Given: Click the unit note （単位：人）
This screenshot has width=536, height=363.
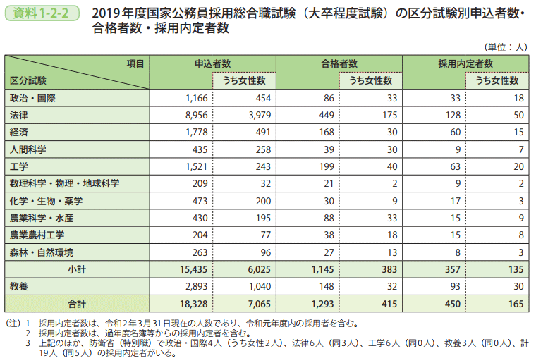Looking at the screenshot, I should pos(506,47).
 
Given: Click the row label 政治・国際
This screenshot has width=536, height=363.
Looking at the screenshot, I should pos(32,97).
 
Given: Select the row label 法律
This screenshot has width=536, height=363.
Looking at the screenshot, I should pos(19,114).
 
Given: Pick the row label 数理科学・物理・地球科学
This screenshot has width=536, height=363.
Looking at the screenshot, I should pos(64,183).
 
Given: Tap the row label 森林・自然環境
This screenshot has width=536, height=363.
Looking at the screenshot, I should pos(42,252).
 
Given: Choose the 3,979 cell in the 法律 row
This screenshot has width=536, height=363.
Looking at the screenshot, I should pos(252,114).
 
